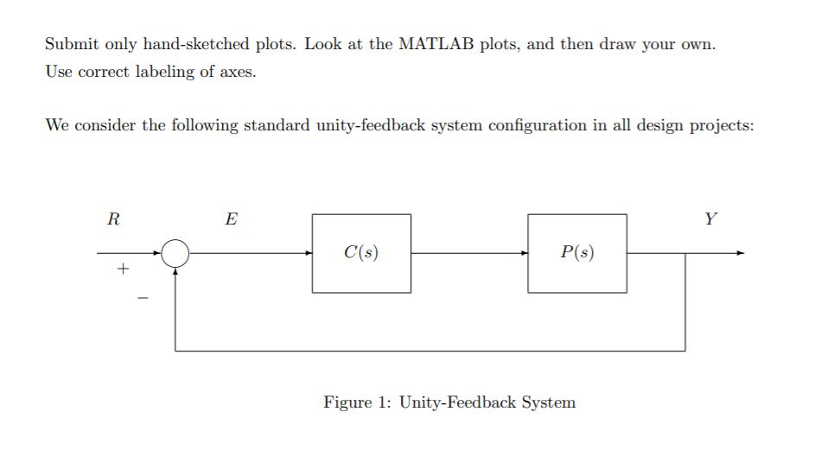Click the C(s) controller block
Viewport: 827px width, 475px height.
[361, 253]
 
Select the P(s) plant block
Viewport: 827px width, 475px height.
[577, 253]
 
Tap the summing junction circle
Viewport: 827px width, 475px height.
[175, 253]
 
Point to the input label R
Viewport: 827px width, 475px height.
[112, 219]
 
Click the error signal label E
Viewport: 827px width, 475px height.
[231, 219]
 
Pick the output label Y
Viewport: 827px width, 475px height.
[710, 219]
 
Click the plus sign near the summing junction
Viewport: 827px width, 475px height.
[123, 269]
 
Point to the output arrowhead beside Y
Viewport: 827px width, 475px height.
[739, 253]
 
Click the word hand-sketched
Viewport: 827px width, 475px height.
[197, 44]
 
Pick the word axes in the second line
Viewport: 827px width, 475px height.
[239, 73]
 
